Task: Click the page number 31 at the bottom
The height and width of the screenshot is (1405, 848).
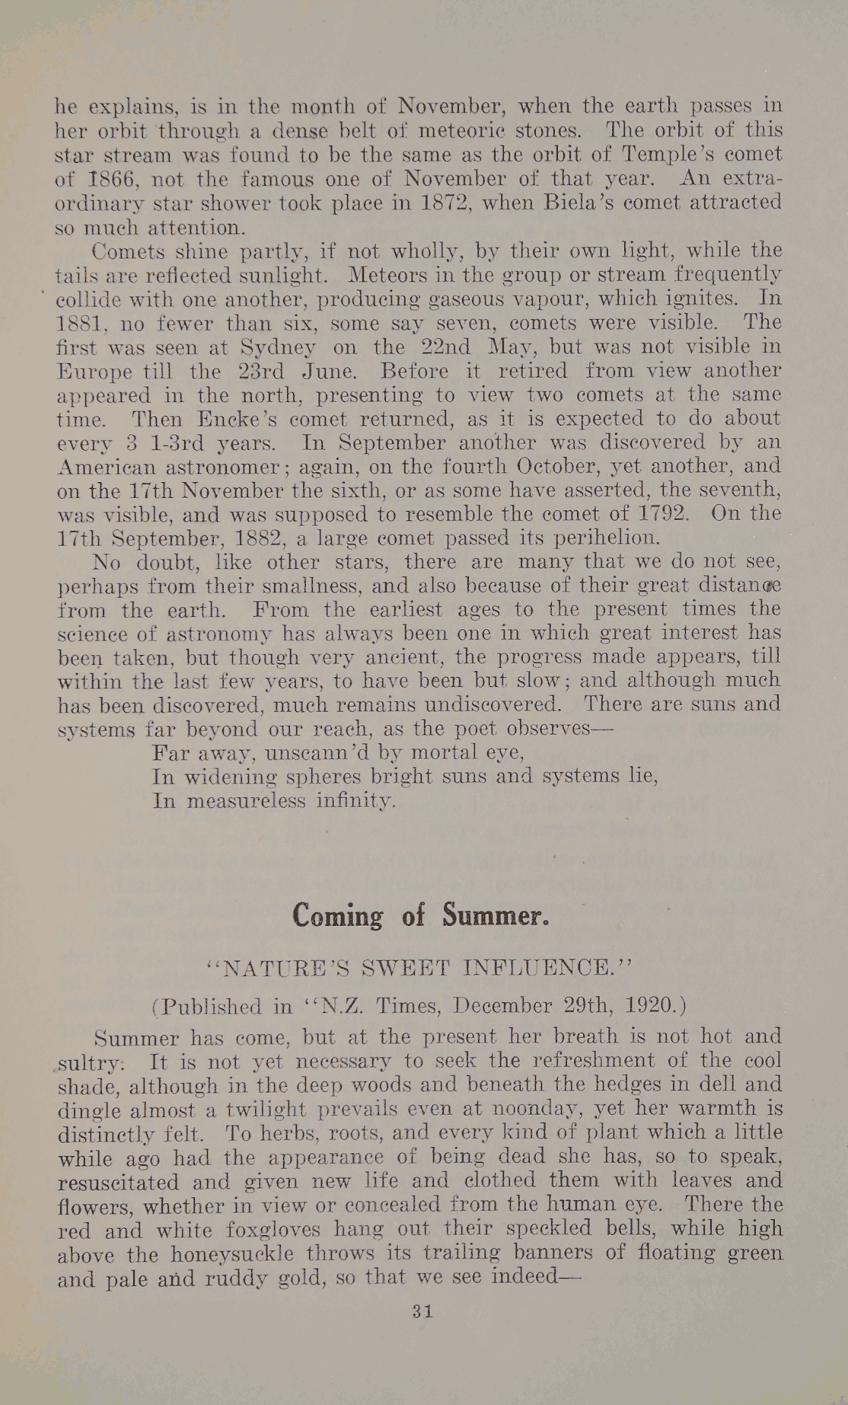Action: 422,1311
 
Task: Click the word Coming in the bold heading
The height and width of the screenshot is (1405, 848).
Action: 337,915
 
